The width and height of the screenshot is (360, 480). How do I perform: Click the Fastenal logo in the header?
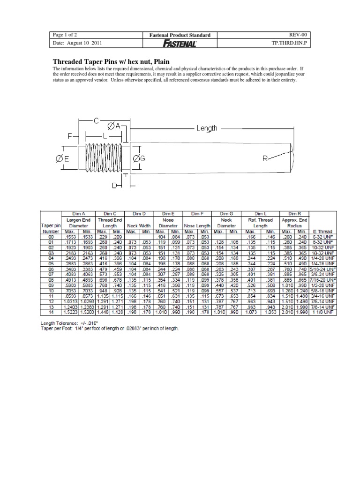pos(180,43)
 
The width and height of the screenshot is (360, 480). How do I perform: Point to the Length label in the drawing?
pos(207,128)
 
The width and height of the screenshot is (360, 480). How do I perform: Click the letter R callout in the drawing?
pos(265,159)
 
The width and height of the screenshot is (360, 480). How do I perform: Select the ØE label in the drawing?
pos(63,159)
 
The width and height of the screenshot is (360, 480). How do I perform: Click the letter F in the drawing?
pos(70,136)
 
